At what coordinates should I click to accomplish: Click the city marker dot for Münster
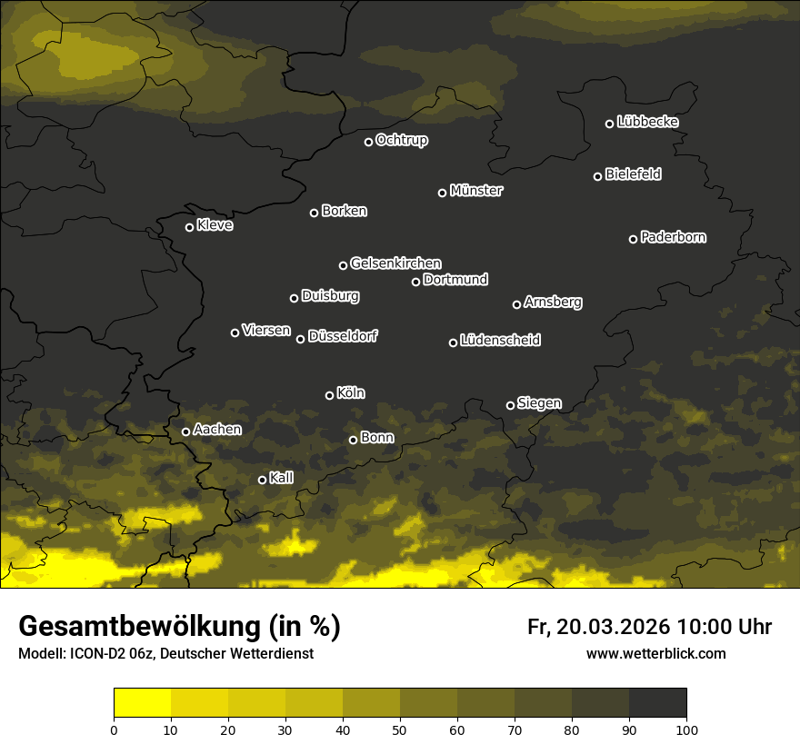[443, 193]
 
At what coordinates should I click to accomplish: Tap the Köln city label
[351, 393]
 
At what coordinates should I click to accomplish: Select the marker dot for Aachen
[186, 432]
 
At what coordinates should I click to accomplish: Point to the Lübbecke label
[647, 122]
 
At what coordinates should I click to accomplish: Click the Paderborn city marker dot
[634, 239]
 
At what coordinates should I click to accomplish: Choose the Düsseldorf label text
[343, 336]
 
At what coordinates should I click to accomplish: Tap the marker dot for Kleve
[190, 227]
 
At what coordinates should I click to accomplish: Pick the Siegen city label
[539, 403]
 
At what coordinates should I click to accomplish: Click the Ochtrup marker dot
[369, 142]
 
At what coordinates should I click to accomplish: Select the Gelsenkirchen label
[395, 263]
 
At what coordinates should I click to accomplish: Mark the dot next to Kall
[263, 480]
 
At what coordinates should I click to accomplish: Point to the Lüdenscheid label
[500, 341]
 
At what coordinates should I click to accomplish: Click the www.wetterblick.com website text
[655, 653]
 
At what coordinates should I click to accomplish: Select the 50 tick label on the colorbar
[400, 729]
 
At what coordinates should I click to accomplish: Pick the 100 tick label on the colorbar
[686, 729]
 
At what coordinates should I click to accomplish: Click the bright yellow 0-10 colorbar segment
[143, 703]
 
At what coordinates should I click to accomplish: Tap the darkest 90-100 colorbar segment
[657, 703]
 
